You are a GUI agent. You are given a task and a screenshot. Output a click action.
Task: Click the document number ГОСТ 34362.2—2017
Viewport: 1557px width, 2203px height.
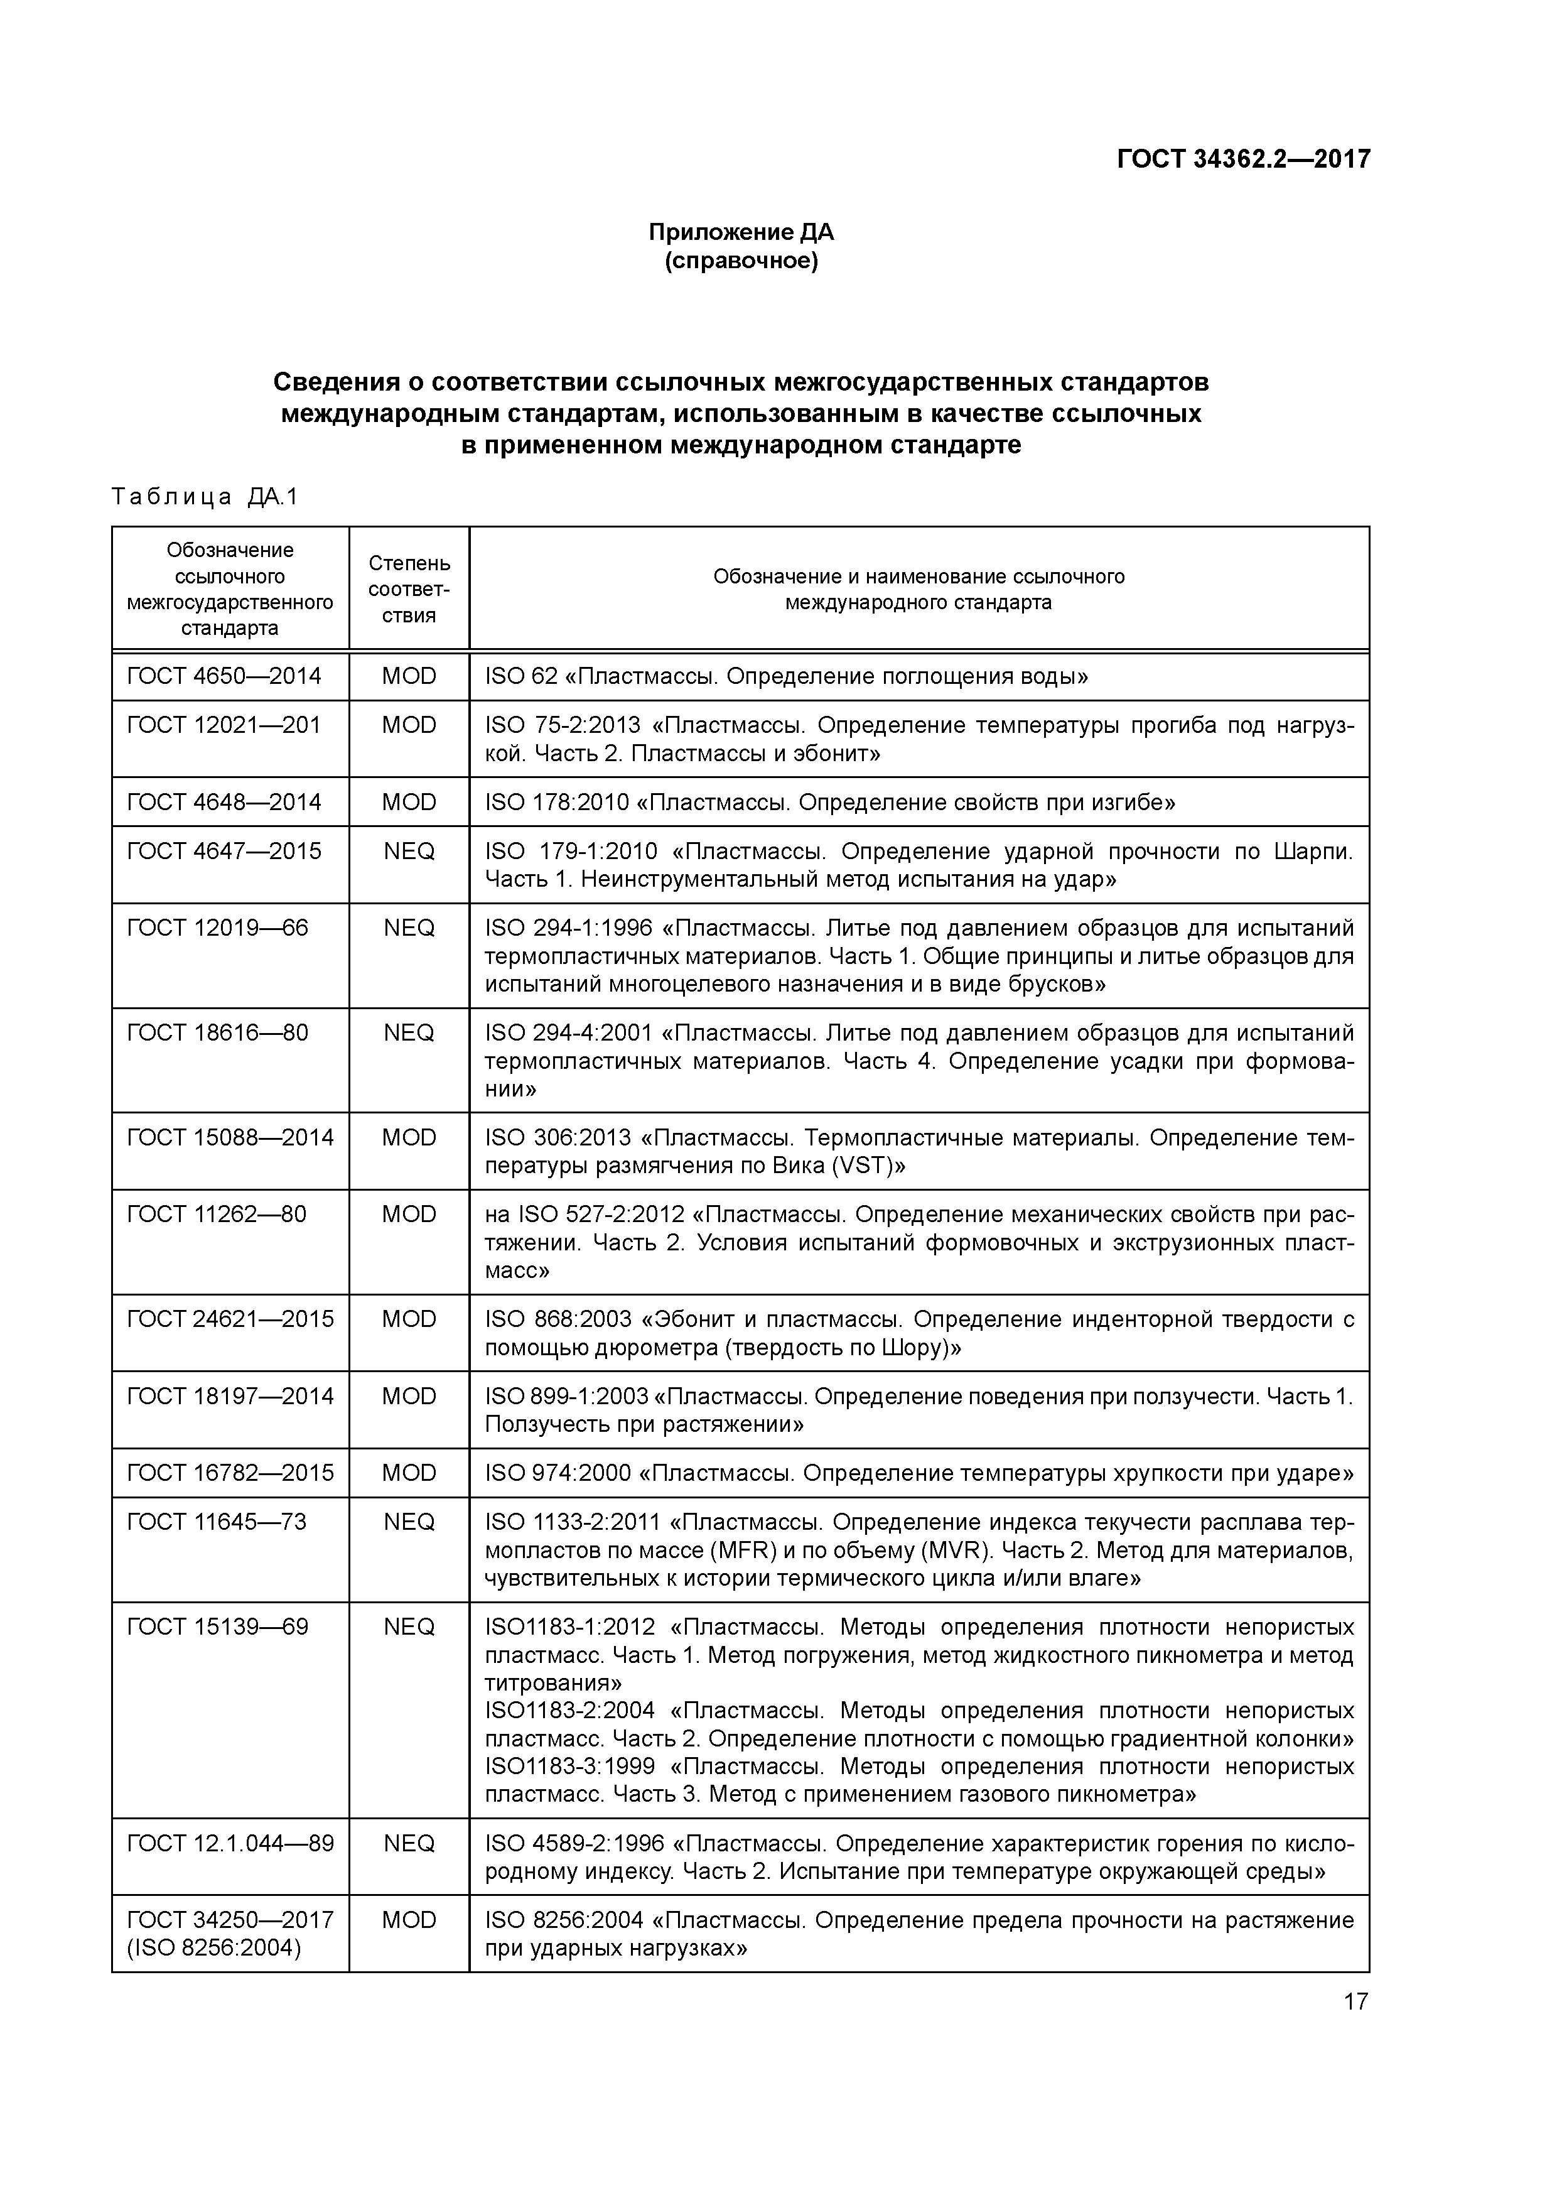[1242, 158]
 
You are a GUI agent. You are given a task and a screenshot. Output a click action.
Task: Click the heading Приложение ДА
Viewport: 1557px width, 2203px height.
[741, 232]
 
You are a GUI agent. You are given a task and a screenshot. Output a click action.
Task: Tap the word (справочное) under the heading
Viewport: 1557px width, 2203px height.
[741, 261]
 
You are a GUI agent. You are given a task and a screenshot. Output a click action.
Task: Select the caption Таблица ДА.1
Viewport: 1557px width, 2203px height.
[205, 497]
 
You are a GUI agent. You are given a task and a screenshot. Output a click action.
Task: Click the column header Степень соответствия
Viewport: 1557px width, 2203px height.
[409, 589]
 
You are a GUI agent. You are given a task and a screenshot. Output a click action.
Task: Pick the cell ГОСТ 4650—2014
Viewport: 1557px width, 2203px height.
[224, 676]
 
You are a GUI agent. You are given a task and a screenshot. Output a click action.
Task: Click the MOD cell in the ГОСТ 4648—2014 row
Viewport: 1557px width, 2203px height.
[409, 802]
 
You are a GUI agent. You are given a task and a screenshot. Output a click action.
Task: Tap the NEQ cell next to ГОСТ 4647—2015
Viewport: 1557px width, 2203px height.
[409, 851]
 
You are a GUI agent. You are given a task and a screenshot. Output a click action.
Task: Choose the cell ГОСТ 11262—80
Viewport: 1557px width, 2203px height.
[216, 1215]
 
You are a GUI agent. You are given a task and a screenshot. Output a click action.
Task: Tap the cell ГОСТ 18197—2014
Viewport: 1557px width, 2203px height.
[230, 1396]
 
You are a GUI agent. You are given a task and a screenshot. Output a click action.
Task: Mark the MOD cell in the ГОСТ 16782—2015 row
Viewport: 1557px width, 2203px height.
[409, 1473]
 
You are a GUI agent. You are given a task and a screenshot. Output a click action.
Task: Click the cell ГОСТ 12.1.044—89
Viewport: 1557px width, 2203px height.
[230, 1843]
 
